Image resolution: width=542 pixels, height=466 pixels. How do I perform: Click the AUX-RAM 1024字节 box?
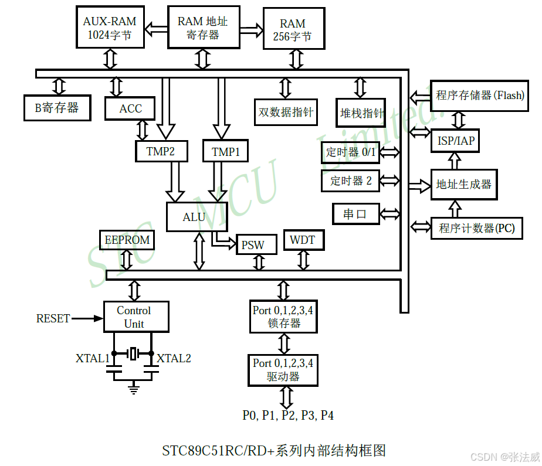(110, 28)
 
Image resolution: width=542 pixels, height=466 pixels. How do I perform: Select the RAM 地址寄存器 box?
(203, 28)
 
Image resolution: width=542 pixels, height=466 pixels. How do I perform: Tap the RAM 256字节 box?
(293, 29)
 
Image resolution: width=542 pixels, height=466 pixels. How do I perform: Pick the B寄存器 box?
(57, 108)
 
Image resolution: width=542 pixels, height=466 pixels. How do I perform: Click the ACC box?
(130, 108)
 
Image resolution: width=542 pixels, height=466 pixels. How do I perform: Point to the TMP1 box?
(225, 152)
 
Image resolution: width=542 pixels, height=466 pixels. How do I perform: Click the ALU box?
(194, 217)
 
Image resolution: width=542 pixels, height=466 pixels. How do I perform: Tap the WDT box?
(303, 240)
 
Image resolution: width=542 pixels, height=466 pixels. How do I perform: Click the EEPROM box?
(127, 240)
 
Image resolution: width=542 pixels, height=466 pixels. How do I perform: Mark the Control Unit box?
(135, 317)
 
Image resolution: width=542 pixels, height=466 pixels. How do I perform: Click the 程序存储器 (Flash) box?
(480, 95)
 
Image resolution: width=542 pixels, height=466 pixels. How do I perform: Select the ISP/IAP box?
(456, 141)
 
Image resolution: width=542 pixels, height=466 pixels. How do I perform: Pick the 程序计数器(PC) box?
(476, 228)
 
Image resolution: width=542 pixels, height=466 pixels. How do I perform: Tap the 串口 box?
(355, 215)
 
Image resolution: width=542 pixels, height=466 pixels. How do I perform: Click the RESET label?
(53, 318)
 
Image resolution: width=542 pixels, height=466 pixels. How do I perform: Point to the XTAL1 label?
(92, 358)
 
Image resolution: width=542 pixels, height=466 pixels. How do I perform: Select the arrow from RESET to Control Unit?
(87, 318)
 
